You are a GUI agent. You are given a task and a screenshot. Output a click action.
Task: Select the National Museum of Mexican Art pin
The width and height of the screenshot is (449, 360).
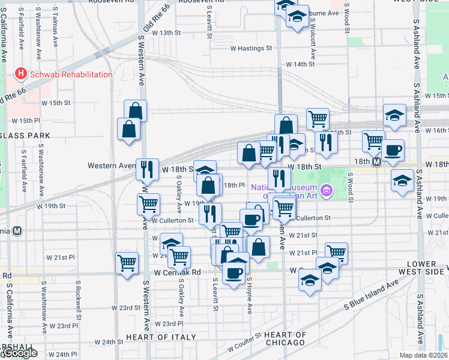(327, 191)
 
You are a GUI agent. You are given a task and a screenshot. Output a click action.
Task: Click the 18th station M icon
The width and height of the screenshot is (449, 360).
(376, 162)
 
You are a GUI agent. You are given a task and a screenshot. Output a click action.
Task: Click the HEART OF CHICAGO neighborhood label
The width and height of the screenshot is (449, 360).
(285, 338)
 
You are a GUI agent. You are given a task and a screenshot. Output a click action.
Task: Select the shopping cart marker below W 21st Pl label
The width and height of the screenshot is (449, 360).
(127, 262)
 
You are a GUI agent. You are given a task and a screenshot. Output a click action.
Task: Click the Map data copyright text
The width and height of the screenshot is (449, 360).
(420, 355)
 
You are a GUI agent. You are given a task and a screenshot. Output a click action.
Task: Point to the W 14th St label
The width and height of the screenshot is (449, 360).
(300, 64)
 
